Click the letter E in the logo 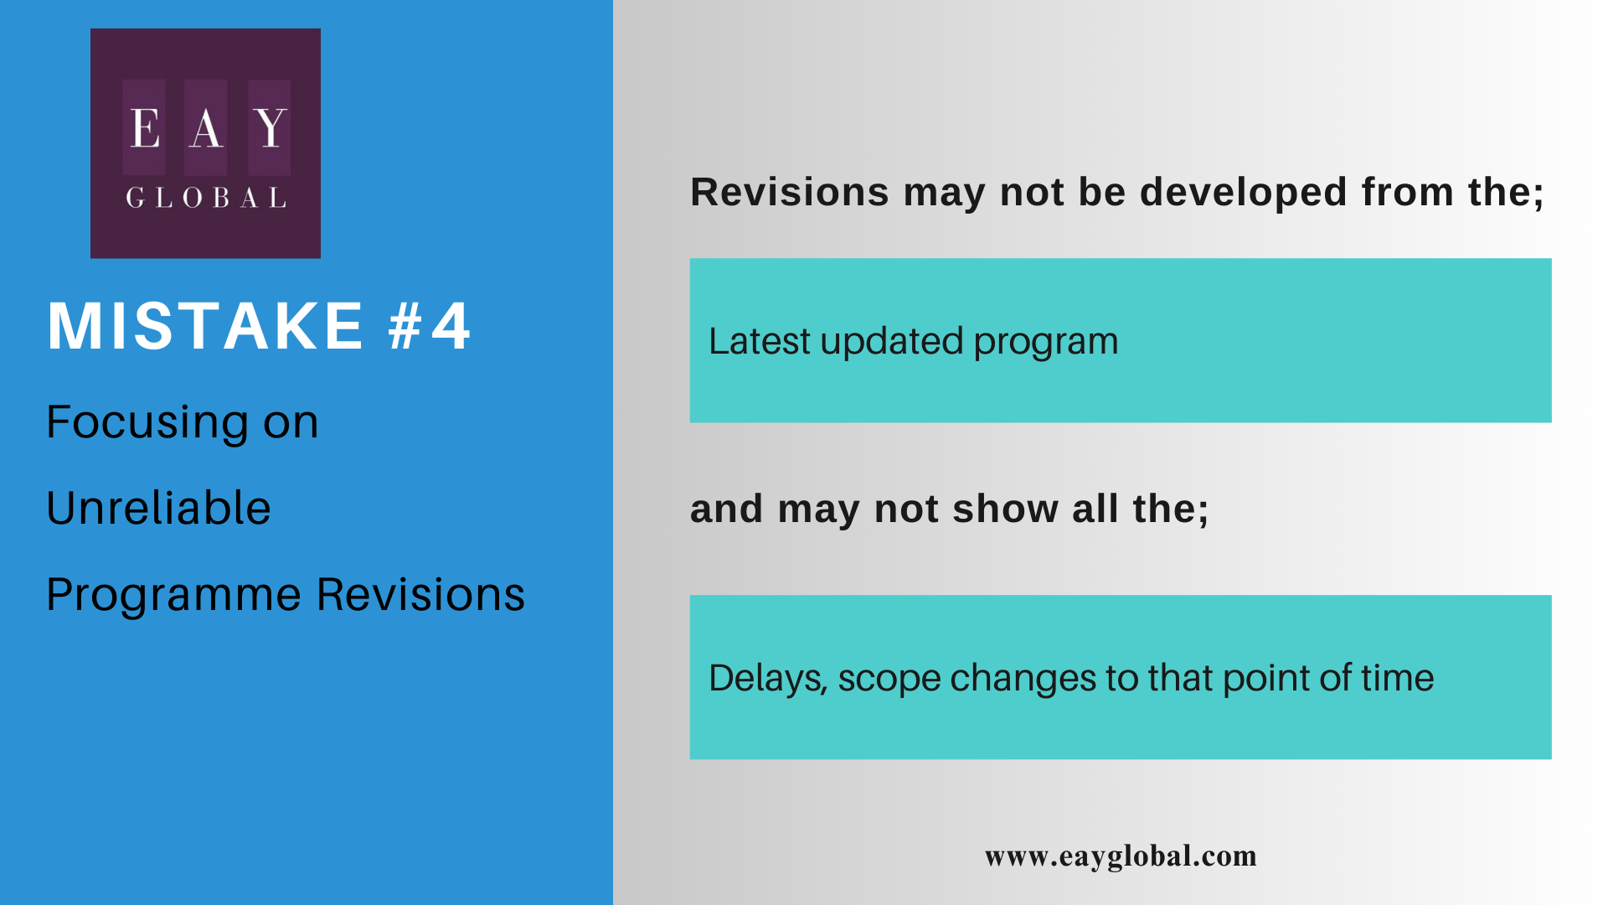coord(145,128)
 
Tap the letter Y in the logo coord(271,128)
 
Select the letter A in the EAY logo coord(206,128)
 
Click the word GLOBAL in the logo coord(206,198)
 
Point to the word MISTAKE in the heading coord(205,326)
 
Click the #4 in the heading coord(430,326)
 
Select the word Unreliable coord(159,508)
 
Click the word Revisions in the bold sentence coord(790,192)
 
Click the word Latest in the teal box coord(760,341)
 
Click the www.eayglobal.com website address coord(1121,856)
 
